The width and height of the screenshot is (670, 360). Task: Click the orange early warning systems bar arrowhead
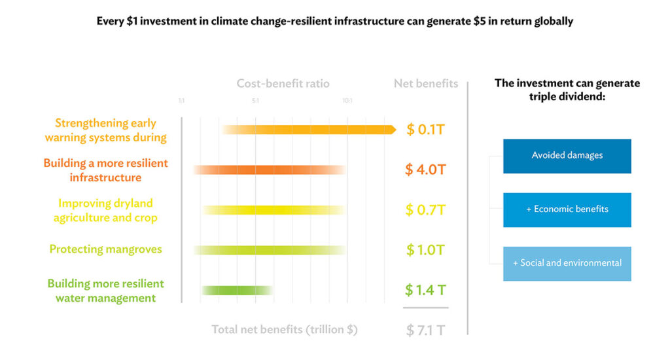391,130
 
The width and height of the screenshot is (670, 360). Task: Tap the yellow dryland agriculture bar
273,210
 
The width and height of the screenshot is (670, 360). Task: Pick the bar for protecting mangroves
270,250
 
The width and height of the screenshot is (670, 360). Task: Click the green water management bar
237,290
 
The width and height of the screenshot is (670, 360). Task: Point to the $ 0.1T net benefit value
425,130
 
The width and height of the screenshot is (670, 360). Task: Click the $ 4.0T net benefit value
425,170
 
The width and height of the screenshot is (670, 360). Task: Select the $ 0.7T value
425,210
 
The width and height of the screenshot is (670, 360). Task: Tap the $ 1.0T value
425,250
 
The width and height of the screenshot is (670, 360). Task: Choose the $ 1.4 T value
425,290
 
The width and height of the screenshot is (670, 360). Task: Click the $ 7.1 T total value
425,330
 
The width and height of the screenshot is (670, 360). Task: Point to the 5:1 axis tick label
255,101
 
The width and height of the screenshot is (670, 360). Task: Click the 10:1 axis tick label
347,101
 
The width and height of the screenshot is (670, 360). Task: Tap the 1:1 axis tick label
182,101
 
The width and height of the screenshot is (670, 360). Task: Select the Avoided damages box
567,156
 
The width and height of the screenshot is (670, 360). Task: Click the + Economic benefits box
567,209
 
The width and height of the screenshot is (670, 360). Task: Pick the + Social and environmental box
567,263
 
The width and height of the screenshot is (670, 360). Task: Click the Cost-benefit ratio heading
283,84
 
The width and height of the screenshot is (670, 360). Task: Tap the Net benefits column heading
426,84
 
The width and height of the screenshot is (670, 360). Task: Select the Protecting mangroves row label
105,249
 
